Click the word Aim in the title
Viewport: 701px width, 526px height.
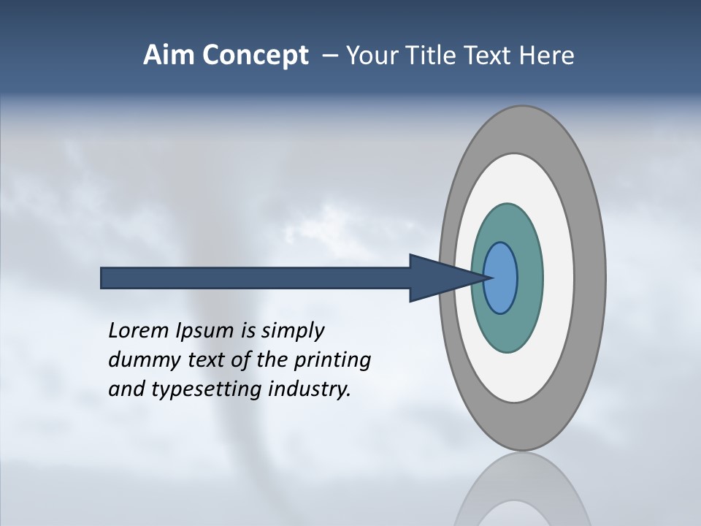click(x=170, y=56)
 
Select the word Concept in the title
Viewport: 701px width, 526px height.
click(x=256, y=56)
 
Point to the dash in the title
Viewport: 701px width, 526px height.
click(x=329, y=56)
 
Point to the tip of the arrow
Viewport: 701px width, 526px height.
click(x=487, y=277)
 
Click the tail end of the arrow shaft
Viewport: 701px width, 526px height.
click(x=104, y=278)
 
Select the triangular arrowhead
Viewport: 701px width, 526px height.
click(x=438, y=278)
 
